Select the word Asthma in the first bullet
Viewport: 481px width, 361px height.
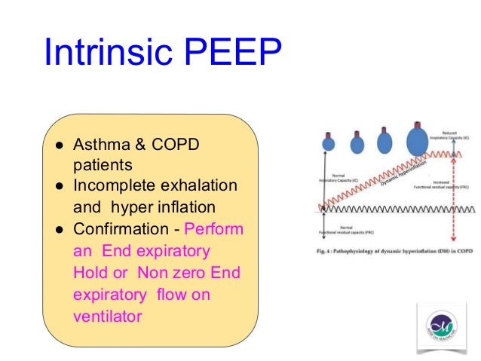[x=99, y=144]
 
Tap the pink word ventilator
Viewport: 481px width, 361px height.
[x=107, y=317]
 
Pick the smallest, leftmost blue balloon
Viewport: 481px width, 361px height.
[x=328, y=142]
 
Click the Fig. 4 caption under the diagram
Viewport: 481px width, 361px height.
[x=395, y=250]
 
